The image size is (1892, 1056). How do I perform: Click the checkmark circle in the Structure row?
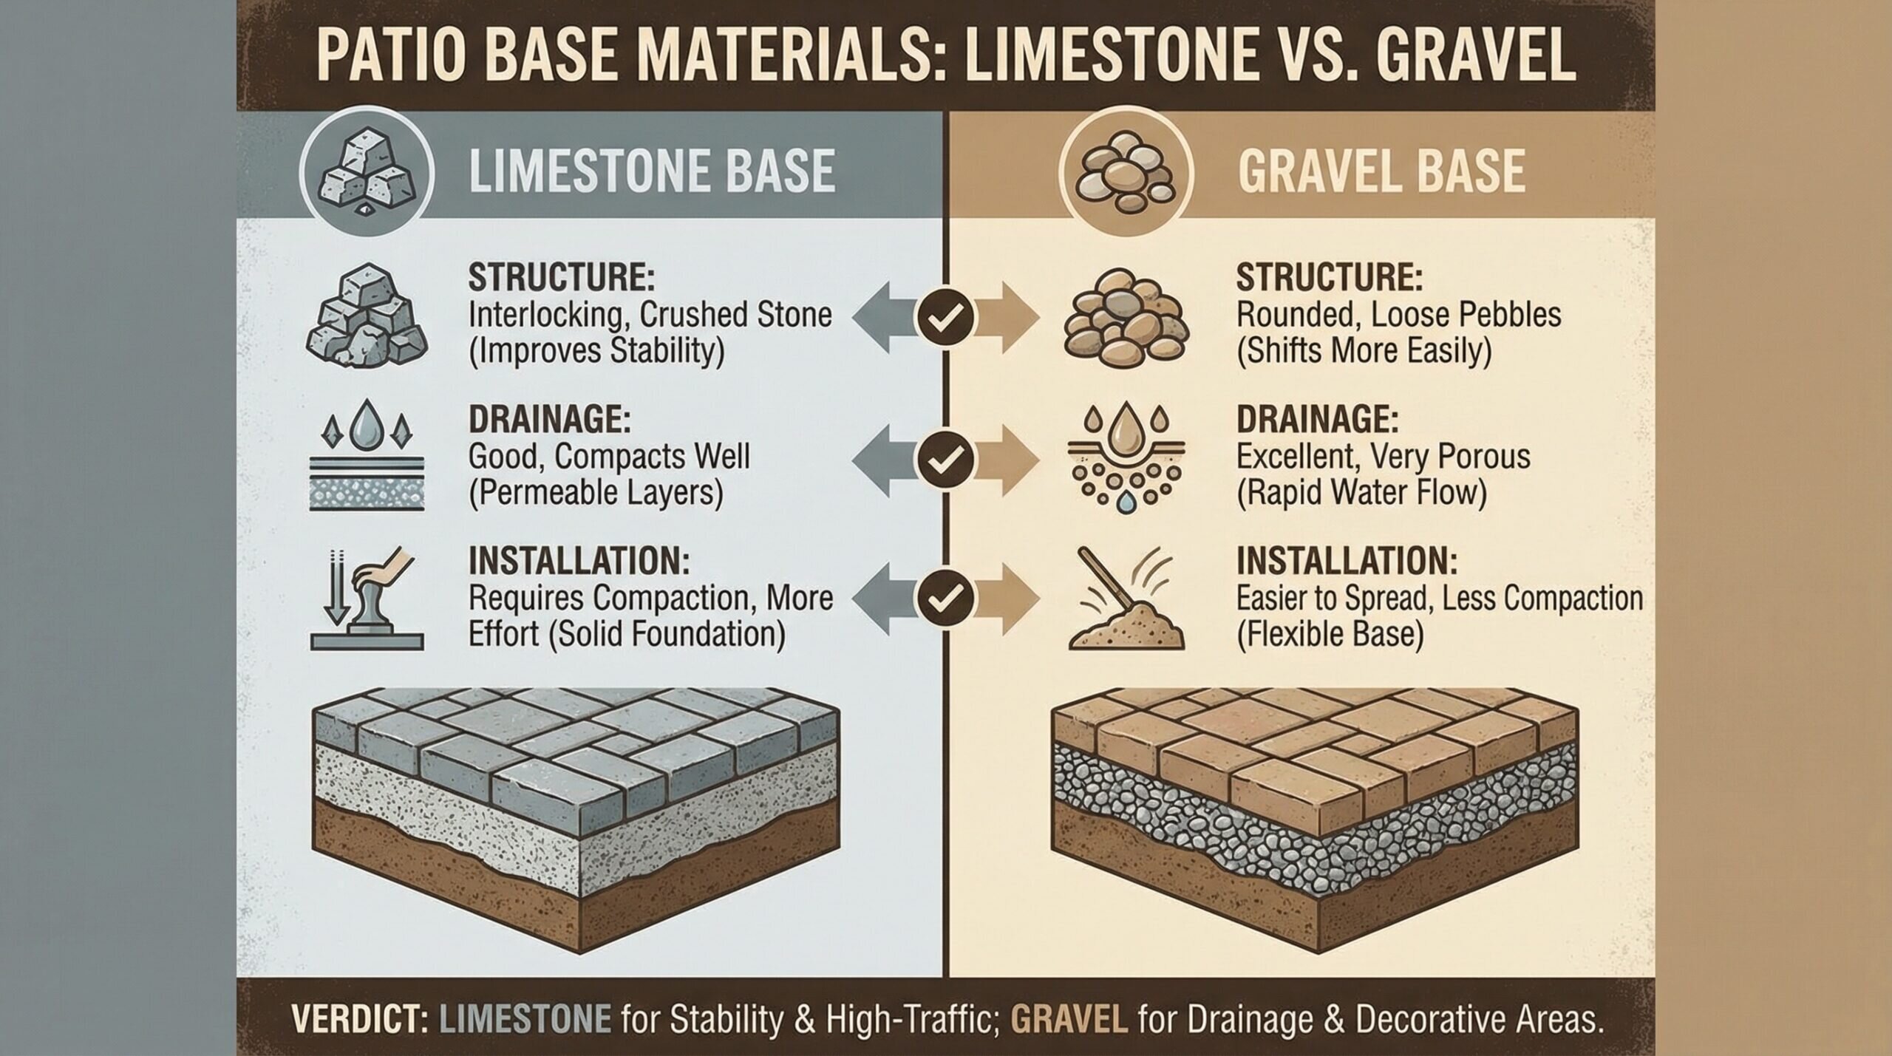coord(945,318)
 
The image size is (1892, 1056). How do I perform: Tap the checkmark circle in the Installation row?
coord(945,597)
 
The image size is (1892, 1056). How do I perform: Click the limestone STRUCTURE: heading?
coord(562,278)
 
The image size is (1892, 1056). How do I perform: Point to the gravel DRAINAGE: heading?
coord(1317,420)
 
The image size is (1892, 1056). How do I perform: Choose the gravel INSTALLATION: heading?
coord(1347,562)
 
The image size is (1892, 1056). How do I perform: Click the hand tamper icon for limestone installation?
coord(367,599)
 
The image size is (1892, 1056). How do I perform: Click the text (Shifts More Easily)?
coord(1364,350)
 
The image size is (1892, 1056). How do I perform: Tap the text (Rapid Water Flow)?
coord(1361,493)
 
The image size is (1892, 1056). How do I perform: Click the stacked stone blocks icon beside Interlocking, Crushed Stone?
coord(367,318)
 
